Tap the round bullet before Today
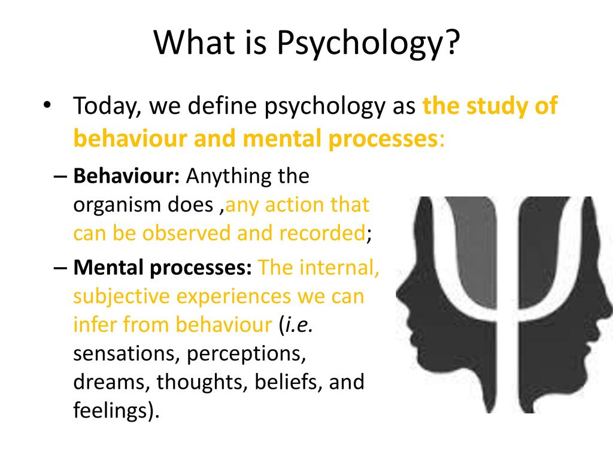pos(47,105)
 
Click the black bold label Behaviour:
pos(126,176)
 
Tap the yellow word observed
pos(187,233)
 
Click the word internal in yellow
pos(339,268)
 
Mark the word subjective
pos(122,296)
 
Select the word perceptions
pos(246,354)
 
